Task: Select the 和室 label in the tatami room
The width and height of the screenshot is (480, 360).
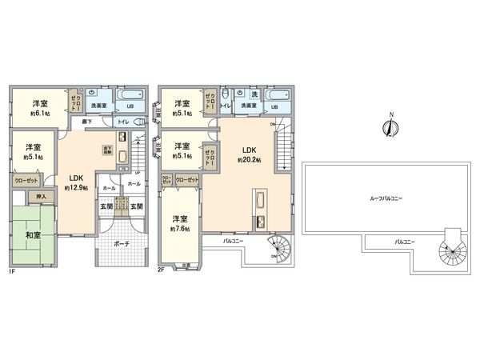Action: [33, 235]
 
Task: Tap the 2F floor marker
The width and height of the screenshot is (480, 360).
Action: [161, 270]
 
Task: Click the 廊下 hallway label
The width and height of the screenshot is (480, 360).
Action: [87, 122]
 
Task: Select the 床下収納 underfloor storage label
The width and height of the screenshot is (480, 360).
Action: [106, 149]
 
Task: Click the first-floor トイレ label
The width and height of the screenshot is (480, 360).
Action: [123, 122]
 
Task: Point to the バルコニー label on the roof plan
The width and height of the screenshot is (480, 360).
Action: [397, 241]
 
